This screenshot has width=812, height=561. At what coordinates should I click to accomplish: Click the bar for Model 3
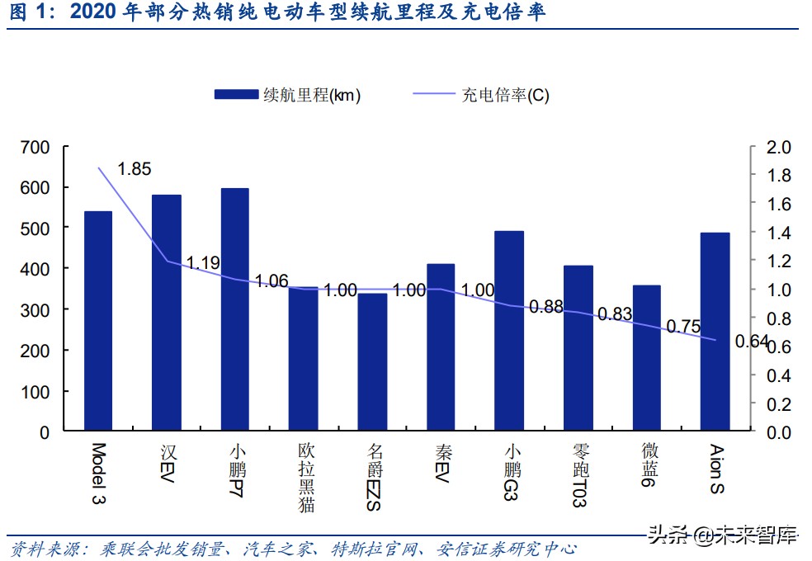98,322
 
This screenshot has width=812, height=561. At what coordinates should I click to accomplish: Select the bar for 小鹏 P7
235,310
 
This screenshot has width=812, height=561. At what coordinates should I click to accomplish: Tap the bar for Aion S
715,332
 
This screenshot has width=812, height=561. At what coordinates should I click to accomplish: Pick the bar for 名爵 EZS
372,362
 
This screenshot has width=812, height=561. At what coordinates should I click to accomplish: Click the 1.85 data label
135,169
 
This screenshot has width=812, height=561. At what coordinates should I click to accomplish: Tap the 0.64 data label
752,342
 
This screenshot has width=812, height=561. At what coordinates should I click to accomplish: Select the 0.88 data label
546,307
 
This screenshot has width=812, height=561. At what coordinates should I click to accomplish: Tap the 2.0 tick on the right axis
779,148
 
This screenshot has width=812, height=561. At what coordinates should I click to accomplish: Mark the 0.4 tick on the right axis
779,375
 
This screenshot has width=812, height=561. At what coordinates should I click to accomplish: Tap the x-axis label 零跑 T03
578,474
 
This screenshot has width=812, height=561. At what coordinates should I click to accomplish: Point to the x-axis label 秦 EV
442,464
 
